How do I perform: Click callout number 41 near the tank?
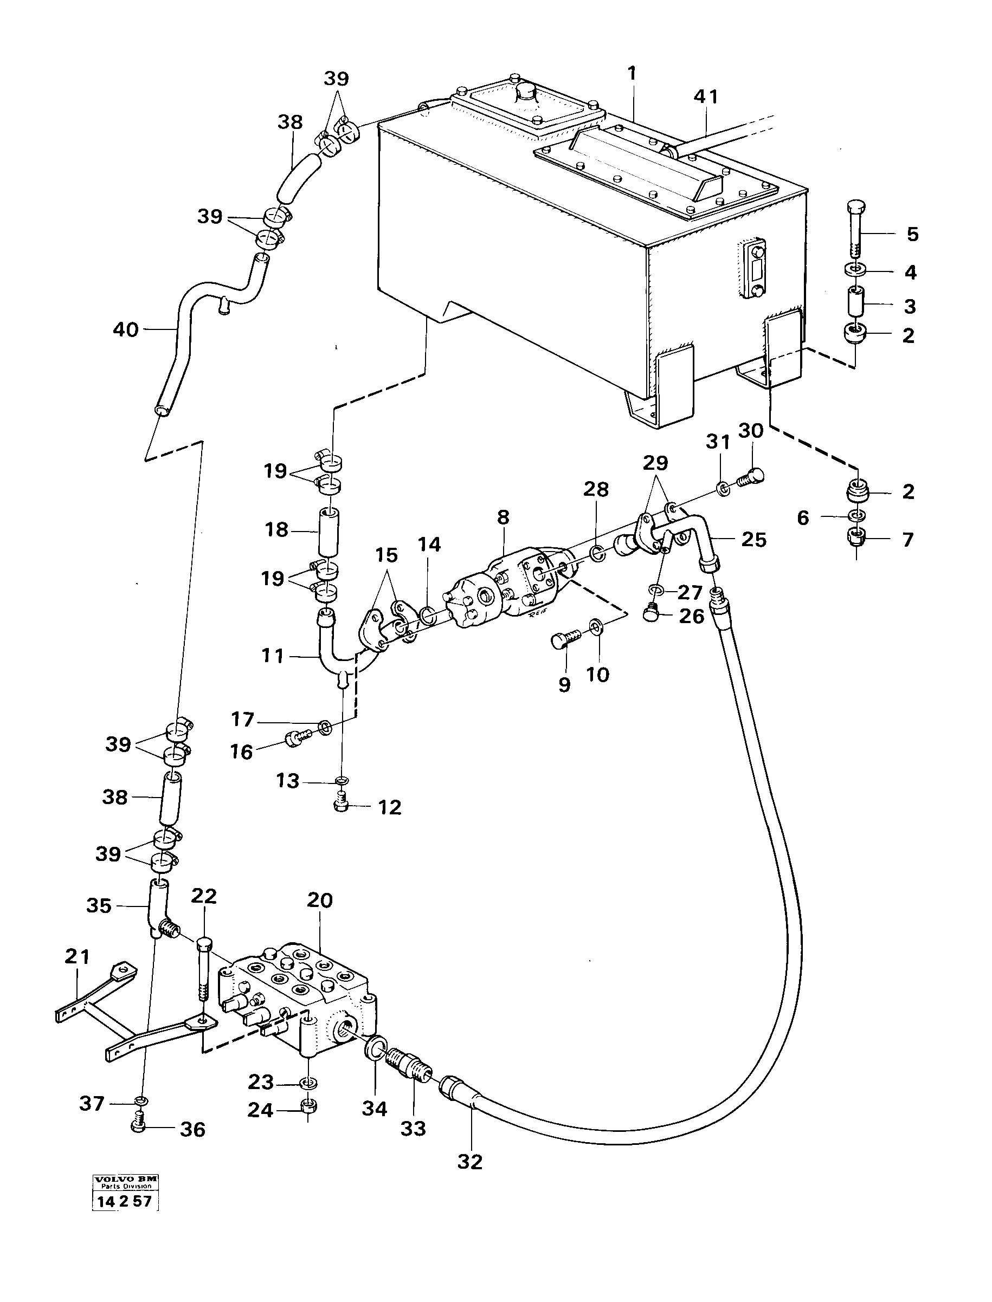pyautogui.click(x=706, y=96)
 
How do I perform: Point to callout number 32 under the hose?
pyautogui.click(x=470, y=1162)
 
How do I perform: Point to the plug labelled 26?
pyautogui.click(x=651, y=616)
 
